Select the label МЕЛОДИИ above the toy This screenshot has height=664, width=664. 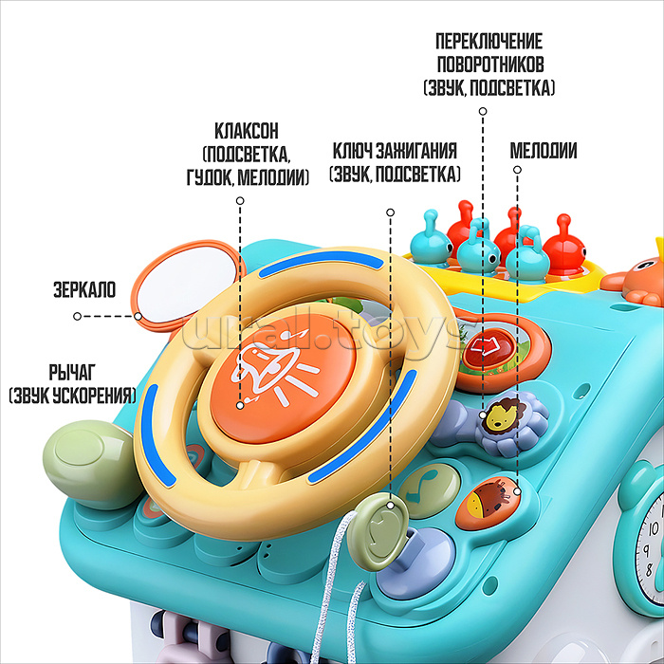(544, 151)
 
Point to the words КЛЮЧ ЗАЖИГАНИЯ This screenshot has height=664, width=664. (395, 151)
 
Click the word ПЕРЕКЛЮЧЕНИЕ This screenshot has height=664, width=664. (489, 43)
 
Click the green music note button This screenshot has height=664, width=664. (429, 481)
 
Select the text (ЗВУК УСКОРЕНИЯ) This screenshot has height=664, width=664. (72, 395)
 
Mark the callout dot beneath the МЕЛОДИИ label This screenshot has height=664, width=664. (517, 171)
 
